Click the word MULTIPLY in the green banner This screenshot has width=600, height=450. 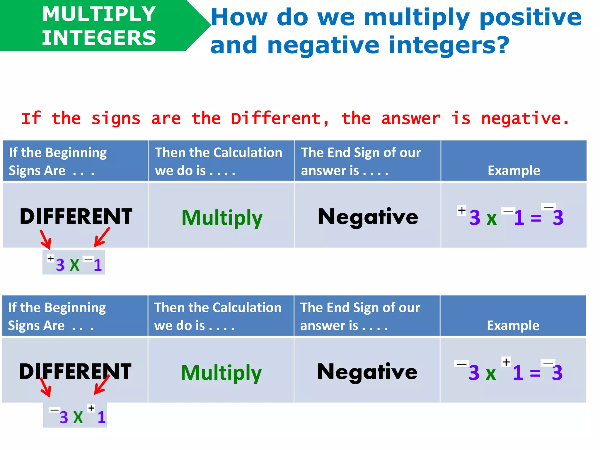click(x=99, y=14)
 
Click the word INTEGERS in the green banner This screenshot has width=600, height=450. click(x=99, y=38)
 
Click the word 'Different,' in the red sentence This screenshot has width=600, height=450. click(x=280, y=119)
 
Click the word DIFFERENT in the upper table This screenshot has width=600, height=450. click(x=76, y=217)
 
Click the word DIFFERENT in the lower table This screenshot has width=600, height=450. click(x=75, y=371)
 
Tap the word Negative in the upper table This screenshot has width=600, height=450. click(x=368, y=217)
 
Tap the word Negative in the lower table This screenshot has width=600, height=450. click(x=367, y=372)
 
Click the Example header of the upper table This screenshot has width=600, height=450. click(x=514, y=171)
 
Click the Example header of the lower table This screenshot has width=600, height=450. click(x=513, y=325)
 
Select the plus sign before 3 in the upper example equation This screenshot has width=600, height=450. click(x=462, y=210)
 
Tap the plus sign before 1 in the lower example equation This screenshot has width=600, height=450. click(x=506, y=362)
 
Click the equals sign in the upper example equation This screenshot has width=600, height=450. click(x=536, y=218)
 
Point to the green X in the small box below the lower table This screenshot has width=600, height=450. click(x=78, y=417)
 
